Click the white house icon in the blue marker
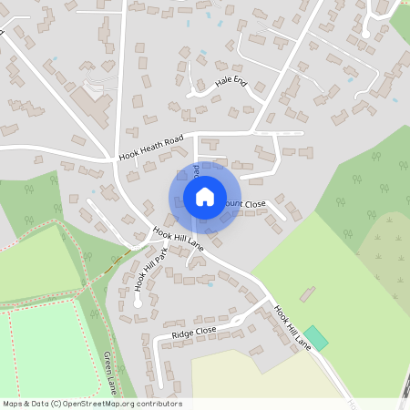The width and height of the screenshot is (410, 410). pyautogui.click(x=205, y=196)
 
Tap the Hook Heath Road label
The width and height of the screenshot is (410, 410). pyautogui.click(x=150, y=148)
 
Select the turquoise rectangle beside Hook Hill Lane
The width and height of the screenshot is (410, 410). pyautogui.click(x=316, y=337)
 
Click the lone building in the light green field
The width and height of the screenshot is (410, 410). pyautogui.click(x=308, y=294)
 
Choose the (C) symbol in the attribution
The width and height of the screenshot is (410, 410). pyautogui.click(x=56, y=404)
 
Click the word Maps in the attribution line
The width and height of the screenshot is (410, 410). pyautogui.click(x=12, y=404)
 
